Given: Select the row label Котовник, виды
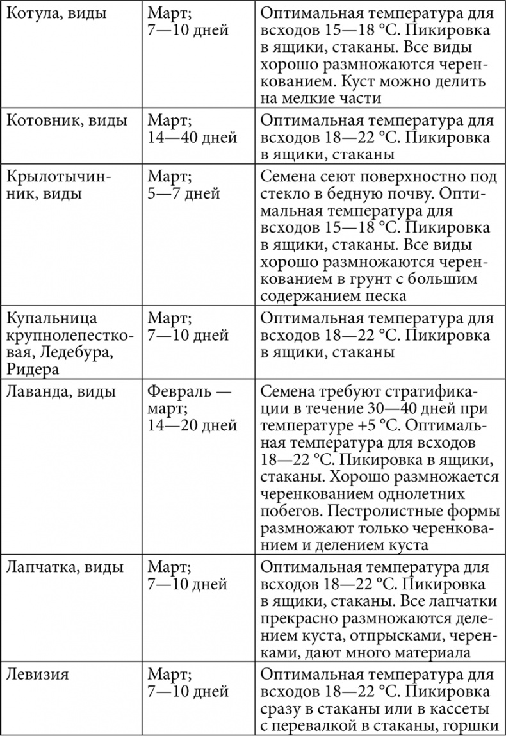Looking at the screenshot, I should pos(67,120).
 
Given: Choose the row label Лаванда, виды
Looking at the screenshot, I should pos(62,391).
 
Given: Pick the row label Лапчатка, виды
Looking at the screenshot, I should pos(65,568).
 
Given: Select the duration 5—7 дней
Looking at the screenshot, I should pos(184,192).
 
